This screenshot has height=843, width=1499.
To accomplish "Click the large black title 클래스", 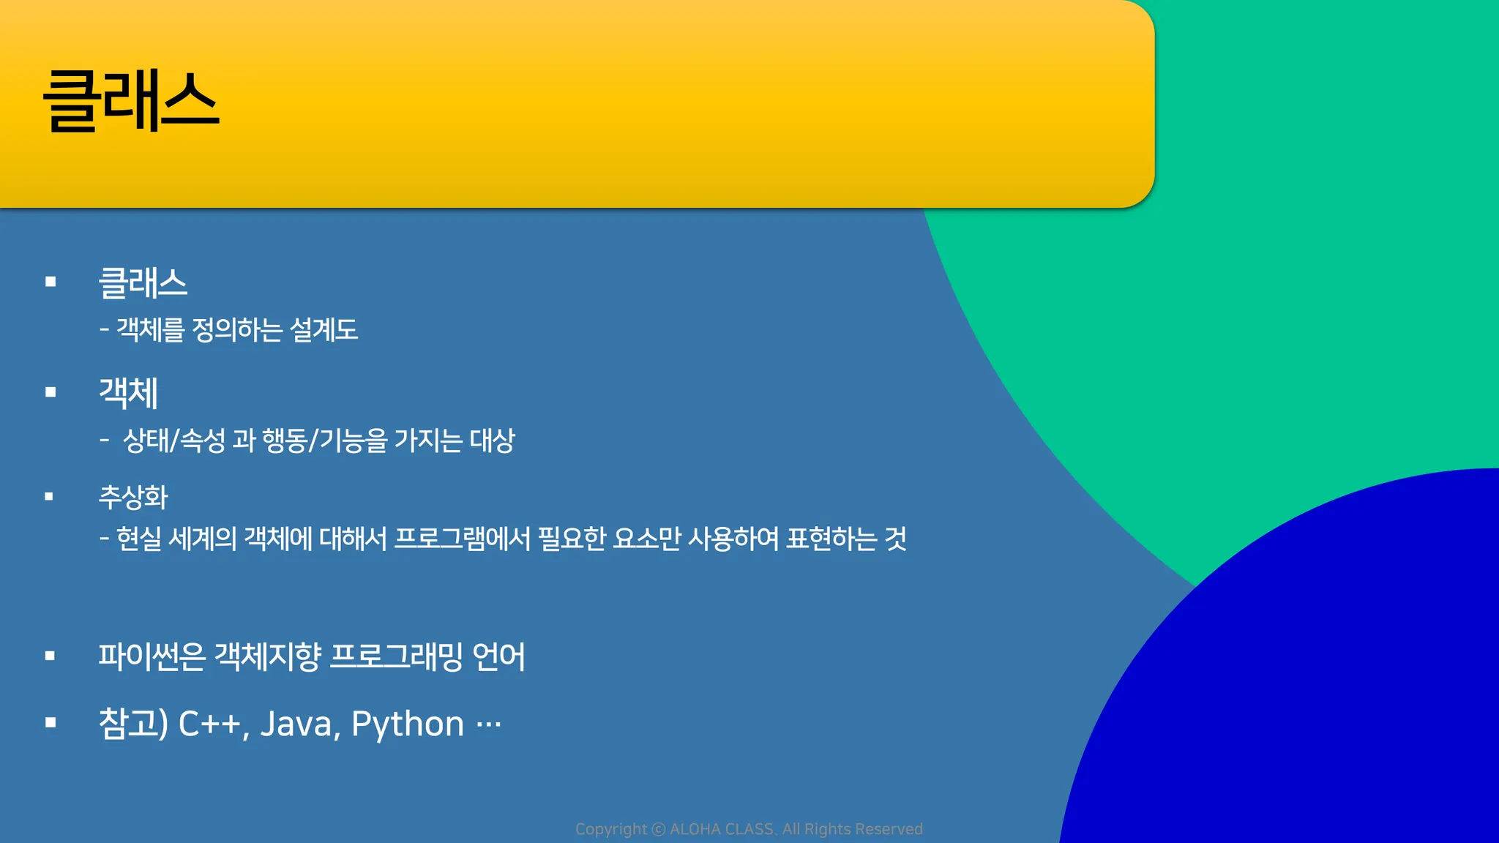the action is tap(131, 101).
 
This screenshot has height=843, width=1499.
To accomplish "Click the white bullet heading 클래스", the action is tap(143, 283).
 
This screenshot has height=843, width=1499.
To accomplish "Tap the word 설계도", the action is tap(324, 330).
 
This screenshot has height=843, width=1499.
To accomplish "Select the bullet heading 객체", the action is tap(128, 393).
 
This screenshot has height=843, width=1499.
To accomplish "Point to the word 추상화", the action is tap(133, 498).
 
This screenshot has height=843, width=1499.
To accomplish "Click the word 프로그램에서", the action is tap(463, 539).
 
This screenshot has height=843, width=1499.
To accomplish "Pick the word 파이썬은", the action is tap(152, 656).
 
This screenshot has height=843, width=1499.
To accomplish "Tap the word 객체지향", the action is tap(268, 656).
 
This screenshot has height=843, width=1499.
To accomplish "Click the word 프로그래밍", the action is tap(397, 656).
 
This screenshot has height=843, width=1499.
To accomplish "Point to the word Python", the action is tap(408, 724).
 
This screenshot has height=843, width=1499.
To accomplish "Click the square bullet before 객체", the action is tap(51, 392).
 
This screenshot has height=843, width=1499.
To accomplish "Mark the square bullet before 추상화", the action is tap(49, 496).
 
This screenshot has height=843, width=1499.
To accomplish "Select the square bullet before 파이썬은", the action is tap(50, 656).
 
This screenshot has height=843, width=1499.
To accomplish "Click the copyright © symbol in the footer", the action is tap(659, 829).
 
